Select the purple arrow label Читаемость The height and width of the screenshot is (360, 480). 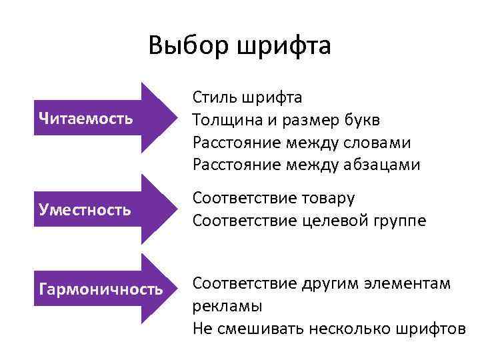(86, 119)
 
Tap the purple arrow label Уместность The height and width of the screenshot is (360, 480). (85, 210)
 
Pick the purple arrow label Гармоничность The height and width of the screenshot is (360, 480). (101, 289)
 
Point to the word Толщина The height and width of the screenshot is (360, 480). (223, 121)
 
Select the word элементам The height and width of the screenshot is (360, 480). (409, 283)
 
